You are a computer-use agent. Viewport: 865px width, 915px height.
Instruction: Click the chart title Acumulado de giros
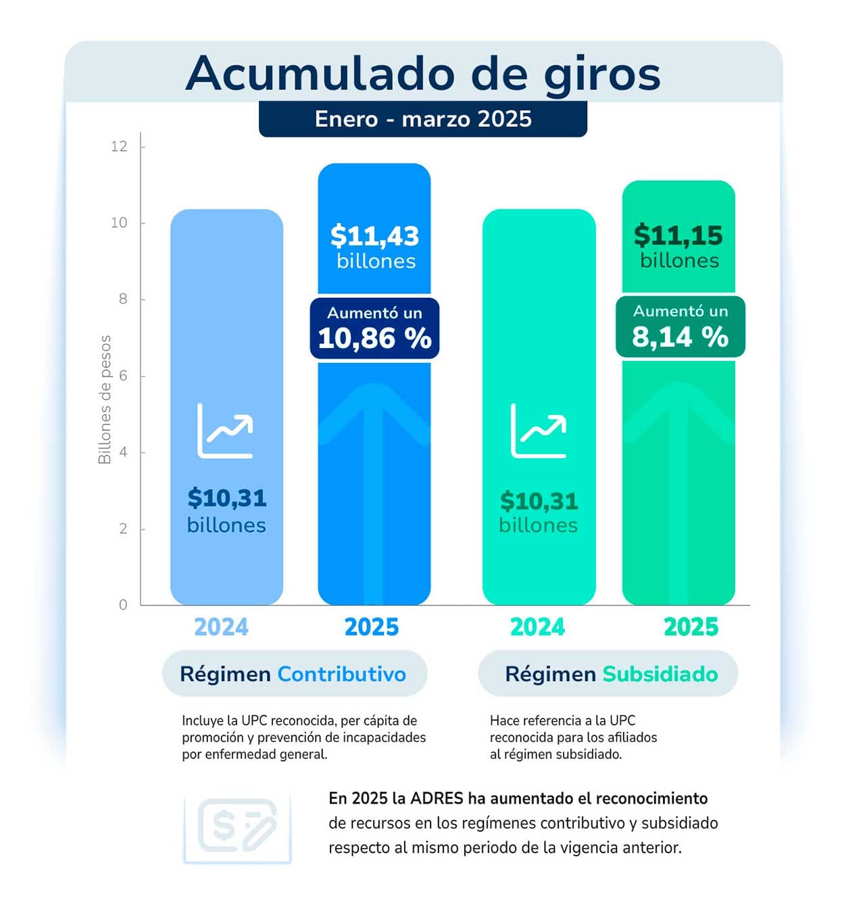pos(423,73)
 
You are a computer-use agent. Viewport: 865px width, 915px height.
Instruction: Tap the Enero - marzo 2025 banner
pos(423,119)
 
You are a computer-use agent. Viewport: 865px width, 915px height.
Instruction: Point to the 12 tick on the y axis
pos(119,147)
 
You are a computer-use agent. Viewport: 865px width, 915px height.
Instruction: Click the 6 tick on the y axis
pos(123,376)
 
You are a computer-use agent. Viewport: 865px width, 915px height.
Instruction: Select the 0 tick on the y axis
pos(123,605)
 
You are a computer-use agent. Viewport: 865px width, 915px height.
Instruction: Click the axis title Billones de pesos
pos(105,399)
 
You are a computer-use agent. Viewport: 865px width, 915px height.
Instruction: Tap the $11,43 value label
pos(375,237)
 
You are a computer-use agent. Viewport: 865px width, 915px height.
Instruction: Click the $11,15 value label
pos(678,236)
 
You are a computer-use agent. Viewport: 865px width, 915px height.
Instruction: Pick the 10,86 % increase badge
pos(375,328)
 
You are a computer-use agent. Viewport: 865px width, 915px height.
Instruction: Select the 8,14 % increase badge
pos(680,327)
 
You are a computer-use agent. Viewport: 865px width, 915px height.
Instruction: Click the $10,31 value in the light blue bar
pos(227,498)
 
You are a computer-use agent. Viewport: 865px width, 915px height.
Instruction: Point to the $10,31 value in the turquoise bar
pos(539,501)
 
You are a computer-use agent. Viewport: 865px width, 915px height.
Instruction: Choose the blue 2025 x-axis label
pos(372,627)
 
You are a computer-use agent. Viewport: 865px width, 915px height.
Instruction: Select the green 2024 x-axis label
pos(537,627)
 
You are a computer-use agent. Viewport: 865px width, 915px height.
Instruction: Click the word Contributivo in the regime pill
pos(341,674)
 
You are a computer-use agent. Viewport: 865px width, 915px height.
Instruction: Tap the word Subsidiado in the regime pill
pos(660,674)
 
